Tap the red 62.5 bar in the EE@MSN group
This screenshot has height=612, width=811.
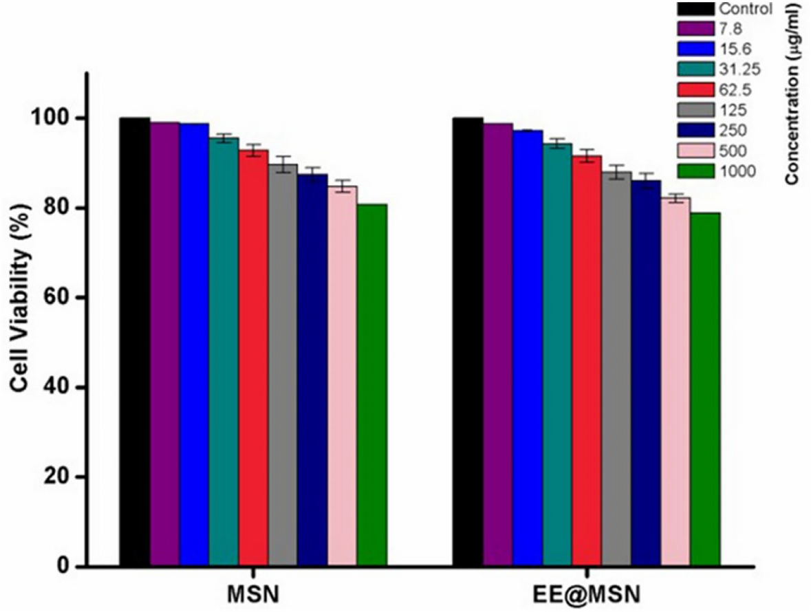tap(587, 361)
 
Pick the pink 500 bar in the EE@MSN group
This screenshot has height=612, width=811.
tap(676, 382)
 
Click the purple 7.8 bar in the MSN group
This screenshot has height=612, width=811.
tap(165, 344)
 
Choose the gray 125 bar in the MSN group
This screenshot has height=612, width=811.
tap(283, 364)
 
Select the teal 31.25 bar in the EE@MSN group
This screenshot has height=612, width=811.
tap(557, 354)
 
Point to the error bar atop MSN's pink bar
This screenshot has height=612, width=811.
tap(343, 186)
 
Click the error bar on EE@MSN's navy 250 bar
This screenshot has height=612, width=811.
tap(646, 181)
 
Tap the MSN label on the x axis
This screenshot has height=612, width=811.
tap(253, 593)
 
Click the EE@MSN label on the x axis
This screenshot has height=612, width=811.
tap(587, 593)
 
